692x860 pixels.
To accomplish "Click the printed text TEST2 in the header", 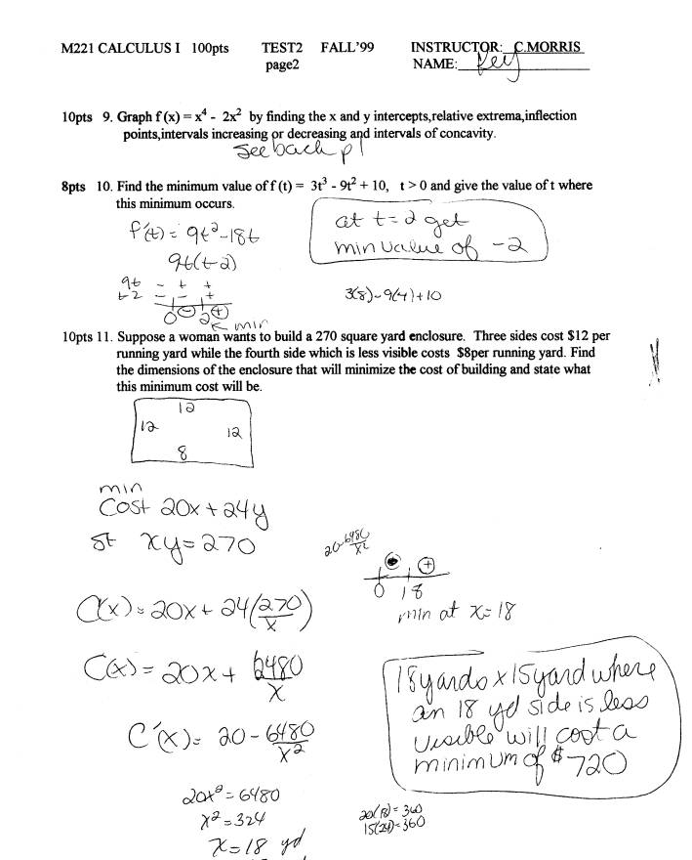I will pyautogui.click(x=282, y=47).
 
